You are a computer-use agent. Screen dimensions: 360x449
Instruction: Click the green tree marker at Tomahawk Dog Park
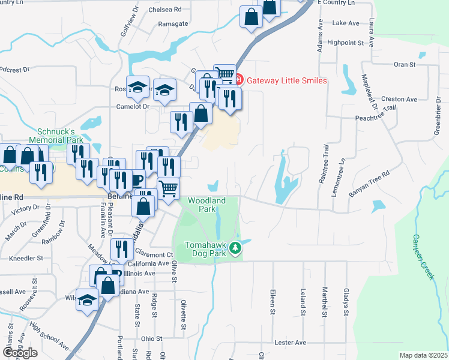(x=238, y=247)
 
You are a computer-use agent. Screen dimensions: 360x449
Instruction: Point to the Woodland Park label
(x=206, y=205)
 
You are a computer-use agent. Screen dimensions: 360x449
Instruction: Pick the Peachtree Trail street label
(x=376, y=114)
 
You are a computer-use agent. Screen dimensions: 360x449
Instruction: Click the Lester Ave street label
(x=291, y=343)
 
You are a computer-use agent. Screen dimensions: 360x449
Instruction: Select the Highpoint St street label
(x=346, y=43)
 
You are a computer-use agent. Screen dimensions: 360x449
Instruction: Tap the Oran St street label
(x=405, y=64)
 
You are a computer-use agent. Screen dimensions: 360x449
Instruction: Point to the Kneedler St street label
(x=26, y=258)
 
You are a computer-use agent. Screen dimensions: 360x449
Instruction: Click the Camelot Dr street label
(x=132, y=106)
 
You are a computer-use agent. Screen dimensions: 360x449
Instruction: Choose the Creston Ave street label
(x=399, y=99)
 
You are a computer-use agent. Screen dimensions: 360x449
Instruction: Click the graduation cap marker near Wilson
(x=88, y=299)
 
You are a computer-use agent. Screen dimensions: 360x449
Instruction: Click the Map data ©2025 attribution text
(x=423, y=355)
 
